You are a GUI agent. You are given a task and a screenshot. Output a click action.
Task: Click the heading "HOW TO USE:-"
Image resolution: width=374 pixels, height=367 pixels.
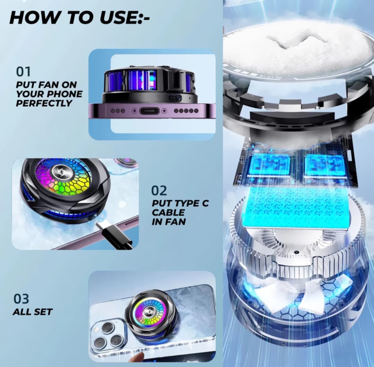79,18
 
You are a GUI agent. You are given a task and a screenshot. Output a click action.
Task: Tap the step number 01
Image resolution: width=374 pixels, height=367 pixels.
24,72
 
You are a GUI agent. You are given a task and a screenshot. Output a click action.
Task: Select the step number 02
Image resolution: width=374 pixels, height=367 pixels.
159,190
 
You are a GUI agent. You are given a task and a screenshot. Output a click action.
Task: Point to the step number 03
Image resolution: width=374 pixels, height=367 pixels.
21,298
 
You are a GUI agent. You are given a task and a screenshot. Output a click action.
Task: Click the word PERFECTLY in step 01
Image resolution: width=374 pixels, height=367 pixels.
44,103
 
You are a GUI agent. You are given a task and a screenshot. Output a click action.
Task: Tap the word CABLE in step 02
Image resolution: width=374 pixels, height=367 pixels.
168,212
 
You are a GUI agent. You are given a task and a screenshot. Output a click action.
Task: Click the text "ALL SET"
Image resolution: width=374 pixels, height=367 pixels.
33,312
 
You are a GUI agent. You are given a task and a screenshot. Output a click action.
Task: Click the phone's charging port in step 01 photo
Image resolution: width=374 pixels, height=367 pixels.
150,111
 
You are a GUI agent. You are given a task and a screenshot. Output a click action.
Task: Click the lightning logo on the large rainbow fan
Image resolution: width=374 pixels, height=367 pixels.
59,170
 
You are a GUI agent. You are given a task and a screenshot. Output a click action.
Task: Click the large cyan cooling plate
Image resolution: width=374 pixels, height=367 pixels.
295,207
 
